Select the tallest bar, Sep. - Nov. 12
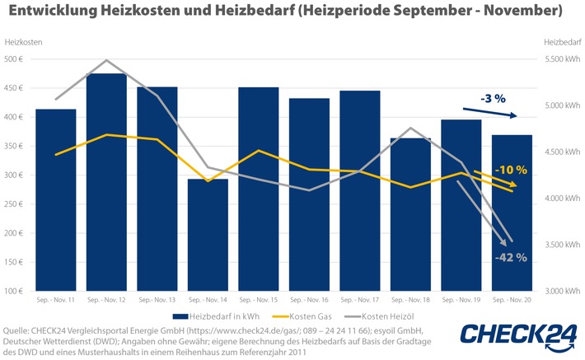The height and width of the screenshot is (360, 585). pos(106,181)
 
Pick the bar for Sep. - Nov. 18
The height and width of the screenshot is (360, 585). pos(411,214)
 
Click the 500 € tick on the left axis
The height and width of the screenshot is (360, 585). pos(15,59)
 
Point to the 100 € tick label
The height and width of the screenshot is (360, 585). pos(15,292)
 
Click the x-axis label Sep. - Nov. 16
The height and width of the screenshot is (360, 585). pos(310,302)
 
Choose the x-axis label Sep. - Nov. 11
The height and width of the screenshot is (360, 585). pos(56,302)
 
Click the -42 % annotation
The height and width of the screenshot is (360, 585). pos(511,258)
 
